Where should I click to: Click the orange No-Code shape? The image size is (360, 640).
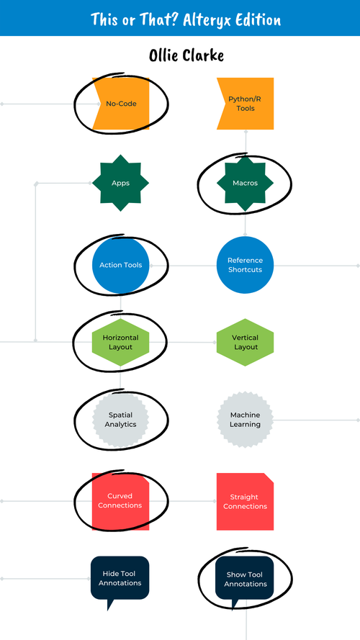coord(121,104)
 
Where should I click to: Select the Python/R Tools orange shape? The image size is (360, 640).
coord(246,104)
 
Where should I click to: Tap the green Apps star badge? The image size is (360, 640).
coord(120,183)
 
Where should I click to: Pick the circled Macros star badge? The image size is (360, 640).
coord(246,183)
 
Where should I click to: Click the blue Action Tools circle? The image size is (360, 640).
coord(121,265)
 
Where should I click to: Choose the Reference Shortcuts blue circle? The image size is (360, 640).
coord(246,265)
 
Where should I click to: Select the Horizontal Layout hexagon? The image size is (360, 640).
coord(121,342)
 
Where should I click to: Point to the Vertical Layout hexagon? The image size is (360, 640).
coord(246,342)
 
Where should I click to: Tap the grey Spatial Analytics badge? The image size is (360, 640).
coord(121,420)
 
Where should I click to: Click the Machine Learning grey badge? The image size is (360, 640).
coord(246,420)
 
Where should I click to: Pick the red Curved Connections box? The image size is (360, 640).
coord(121,501)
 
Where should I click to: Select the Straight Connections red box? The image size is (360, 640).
coord(246,501)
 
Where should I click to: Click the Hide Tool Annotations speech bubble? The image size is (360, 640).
coord(120,578)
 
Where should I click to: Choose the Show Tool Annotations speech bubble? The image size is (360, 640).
coord(246,578)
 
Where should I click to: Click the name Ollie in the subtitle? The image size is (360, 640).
coord(167,55)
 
